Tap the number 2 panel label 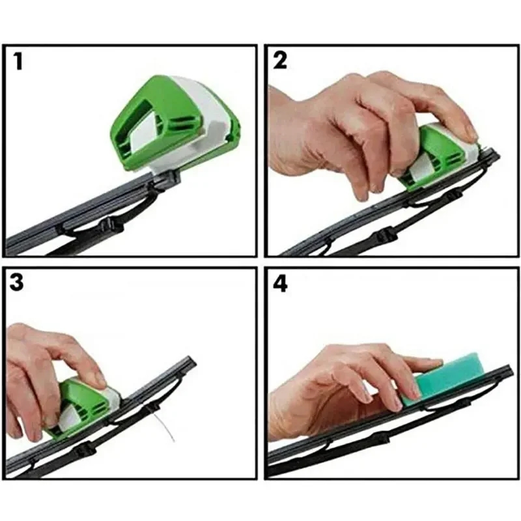(x=280, y=61)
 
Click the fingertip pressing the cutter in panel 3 (x=98, y=380)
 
